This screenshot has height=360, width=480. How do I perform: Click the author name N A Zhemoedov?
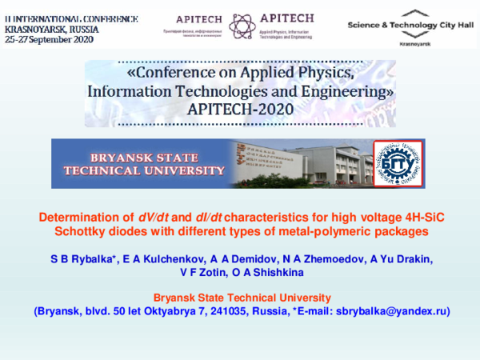click(314, 258)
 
